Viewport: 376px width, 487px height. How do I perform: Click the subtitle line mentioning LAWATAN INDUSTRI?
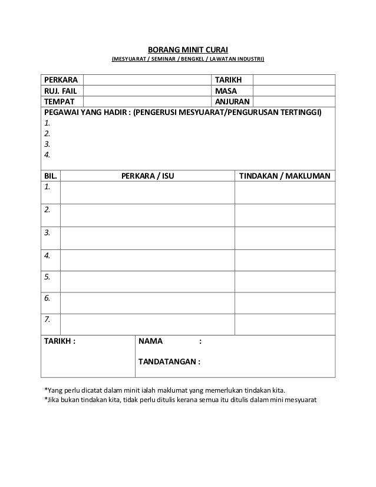point(188,60)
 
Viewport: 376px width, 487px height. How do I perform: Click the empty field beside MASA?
point(293,91)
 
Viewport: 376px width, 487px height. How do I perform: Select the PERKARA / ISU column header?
point(147,176)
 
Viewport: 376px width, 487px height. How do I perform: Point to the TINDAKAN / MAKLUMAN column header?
point(285,176)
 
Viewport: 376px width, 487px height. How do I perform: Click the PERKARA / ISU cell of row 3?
point(147,238)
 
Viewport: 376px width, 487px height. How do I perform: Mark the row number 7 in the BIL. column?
point(48,319)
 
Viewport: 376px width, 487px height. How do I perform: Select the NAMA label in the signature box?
point(151,341)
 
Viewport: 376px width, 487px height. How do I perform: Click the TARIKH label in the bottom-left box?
point(61,341)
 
